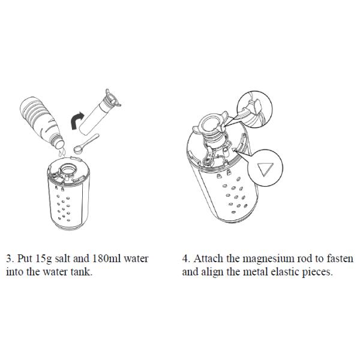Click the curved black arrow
75,120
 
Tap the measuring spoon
86,144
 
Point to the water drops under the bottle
62,152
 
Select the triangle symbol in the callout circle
265,169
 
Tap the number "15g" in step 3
44,259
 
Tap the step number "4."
186,259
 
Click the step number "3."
10,259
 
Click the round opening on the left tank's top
67,170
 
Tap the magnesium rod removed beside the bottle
99,113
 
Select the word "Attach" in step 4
208,259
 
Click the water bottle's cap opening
59,145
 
